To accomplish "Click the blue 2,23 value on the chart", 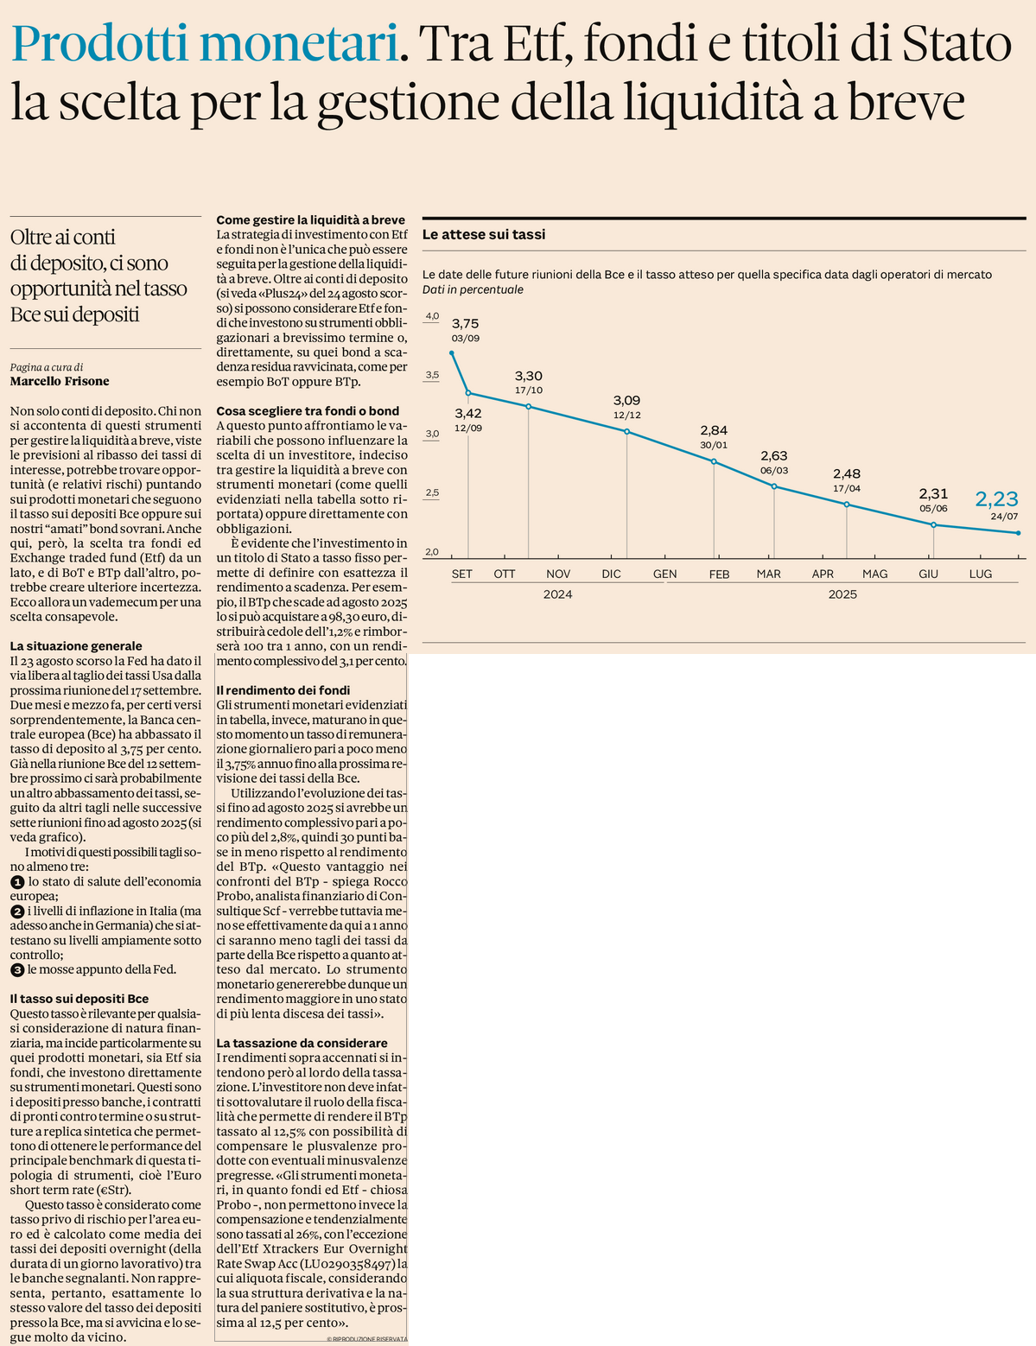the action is [996, 498].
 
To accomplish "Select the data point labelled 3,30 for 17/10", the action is [528, 406].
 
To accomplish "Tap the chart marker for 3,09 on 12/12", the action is [626, 431].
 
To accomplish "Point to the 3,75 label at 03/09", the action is [465, 323].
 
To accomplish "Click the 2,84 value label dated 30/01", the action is [714, 430].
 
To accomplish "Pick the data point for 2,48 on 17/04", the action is [847, 505].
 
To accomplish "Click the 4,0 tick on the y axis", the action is [432, 316].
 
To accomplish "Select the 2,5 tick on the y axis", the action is [432, 492].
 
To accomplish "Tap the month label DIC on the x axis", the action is [611, 574].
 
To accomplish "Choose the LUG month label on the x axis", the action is [980, 574].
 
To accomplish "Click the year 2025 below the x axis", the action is [842, 594].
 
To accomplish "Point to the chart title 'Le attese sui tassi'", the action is [484, 235].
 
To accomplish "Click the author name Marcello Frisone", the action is [60, 381].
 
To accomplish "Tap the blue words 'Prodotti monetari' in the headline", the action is [205, 42].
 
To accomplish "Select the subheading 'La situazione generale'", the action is [76, 646].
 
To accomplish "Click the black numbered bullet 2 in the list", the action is [17, 911].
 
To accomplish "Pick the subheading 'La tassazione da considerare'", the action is [302, 1043].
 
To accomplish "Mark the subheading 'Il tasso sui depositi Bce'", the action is [79, 999].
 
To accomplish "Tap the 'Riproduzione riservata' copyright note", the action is [366, 1339].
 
